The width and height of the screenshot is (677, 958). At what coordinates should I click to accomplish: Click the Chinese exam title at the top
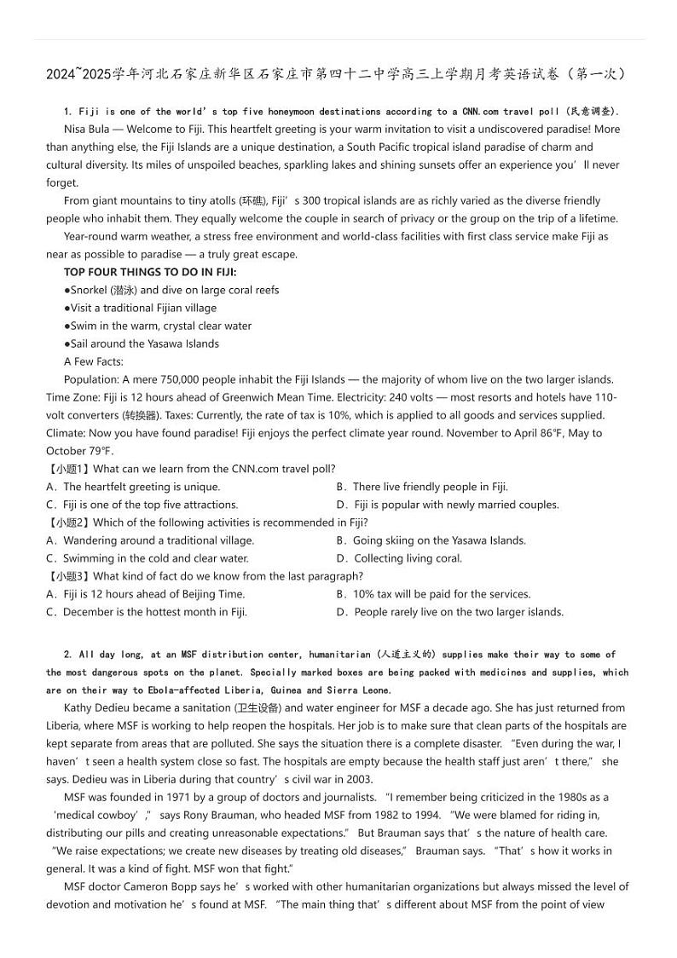coord(338,74)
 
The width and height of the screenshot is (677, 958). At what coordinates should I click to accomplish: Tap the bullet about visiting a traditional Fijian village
coord(141,308)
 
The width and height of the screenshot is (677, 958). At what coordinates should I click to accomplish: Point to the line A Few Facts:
coord(94,361)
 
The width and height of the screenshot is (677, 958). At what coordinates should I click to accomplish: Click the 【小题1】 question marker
coord(68,469)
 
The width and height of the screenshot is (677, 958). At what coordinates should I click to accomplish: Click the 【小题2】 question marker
coord(68,522)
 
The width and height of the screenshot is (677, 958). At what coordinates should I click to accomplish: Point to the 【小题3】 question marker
coord(68,576)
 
